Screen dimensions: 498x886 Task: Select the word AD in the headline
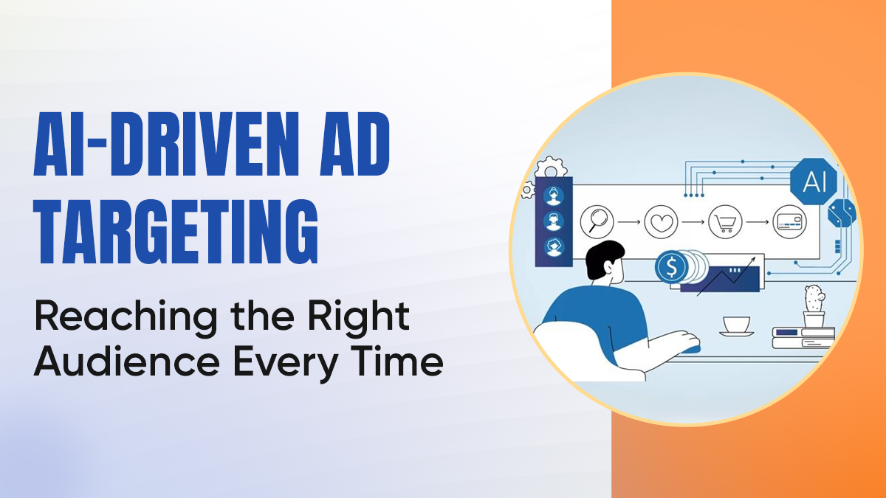pos(350,153)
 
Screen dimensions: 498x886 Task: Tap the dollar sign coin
pos(671,268)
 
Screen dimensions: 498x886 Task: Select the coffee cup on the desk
pos(735,325)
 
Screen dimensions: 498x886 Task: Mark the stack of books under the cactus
pos(803,337)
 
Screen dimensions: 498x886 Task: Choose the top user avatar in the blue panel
pos(553,196)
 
